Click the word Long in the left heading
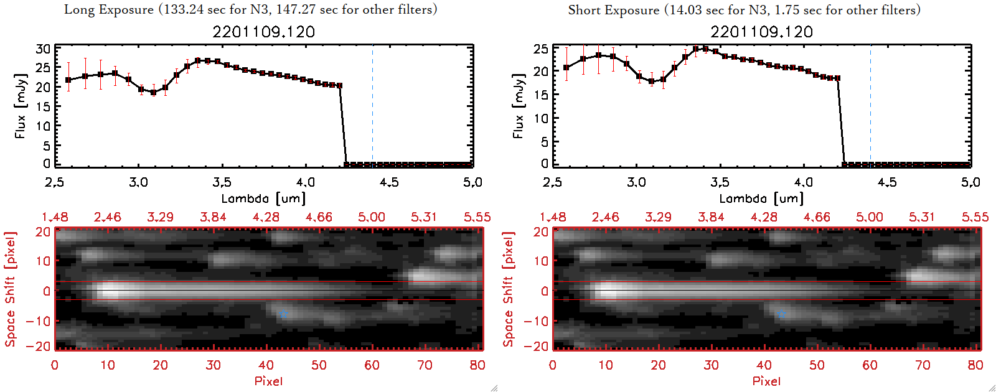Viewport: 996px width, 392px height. click(x=80, y=10)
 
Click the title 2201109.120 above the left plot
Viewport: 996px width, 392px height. click(x=264, y=32)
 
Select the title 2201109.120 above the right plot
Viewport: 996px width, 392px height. click(x=762, y=32)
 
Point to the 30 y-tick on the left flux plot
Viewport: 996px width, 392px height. click(x=43, y=49)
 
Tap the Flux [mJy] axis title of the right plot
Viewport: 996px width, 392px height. click(x=518, y=106)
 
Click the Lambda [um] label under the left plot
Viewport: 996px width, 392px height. click(x=263, y=198)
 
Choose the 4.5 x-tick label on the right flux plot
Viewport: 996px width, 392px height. click(x=887, y=182)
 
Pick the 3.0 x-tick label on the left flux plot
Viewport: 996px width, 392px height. click(x=138, y=182)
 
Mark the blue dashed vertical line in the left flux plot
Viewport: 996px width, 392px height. click(x=372, y=106)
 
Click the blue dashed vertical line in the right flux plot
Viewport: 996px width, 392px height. click(x=870, y=106)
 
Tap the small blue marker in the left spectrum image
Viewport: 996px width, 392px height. click(x=284, y=314)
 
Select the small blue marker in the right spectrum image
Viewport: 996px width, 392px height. click(x=782, y=314)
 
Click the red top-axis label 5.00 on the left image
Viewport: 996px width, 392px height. click(x=372, y=217)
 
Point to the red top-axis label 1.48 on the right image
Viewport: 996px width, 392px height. click(x=553, y=217)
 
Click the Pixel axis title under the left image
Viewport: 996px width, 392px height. click(x=268, y=381)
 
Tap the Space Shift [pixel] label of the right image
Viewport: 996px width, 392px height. click(x=508, y=289)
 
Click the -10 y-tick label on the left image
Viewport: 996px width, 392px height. click(x=39, y=321)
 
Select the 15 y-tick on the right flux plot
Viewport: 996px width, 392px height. click(x=541, y=95)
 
